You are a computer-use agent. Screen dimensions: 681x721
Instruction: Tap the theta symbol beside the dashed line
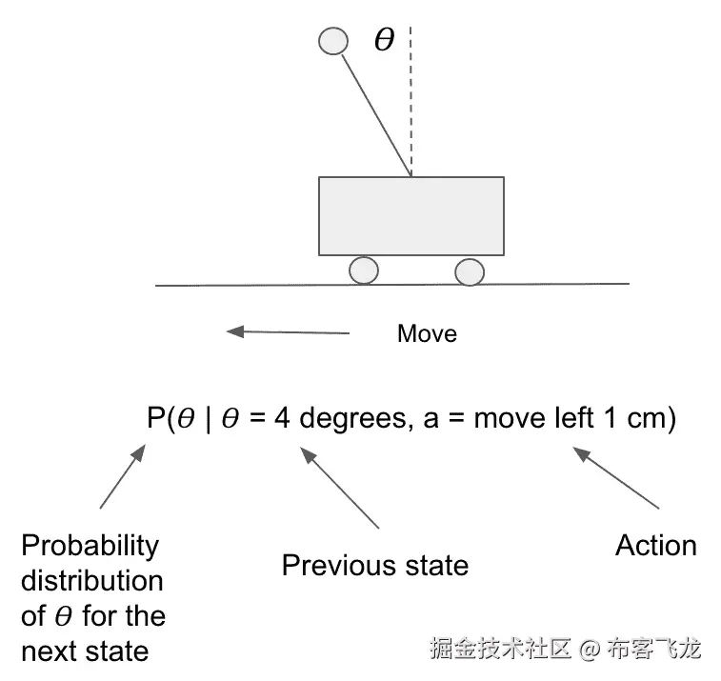(383, 41)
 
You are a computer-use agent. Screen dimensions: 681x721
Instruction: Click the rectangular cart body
(411, 216)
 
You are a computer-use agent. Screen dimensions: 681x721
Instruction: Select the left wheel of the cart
(364, 270)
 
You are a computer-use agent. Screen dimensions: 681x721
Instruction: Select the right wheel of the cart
(470, 271)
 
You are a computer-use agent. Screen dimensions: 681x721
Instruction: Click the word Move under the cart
(427, 334)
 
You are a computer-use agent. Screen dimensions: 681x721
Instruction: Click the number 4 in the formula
(283, 419)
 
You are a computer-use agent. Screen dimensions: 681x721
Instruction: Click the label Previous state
(375, 566)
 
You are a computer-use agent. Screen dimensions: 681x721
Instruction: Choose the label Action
(655, 546)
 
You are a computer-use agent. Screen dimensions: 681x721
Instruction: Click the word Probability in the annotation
(90, 546)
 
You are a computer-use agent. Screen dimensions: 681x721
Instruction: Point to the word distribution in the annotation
(92, 581)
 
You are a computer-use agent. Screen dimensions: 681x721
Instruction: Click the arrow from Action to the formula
(616, 479)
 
